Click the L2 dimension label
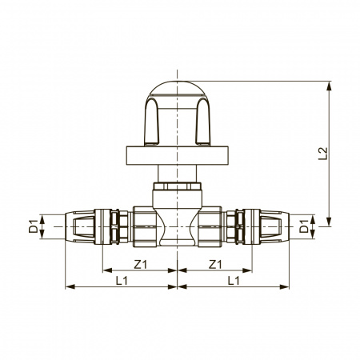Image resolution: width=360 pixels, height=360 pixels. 322,154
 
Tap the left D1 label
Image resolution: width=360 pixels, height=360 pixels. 34,226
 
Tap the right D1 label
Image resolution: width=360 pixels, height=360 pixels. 304,226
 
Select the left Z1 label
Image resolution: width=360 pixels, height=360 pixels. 141,264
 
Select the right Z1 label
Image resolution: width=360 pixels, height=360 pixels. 215,264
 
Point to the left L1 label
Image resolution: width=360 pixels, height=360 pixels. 122,281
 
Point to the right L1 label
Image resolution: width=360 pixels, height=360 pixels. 234,281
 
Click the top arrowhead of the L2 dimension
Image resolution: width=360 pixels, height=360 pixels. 329,86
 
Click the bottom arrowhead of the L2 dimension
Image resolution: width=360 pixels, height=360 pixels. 329,222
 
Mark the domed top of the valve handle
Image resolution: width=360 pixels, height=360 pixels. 178,88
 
